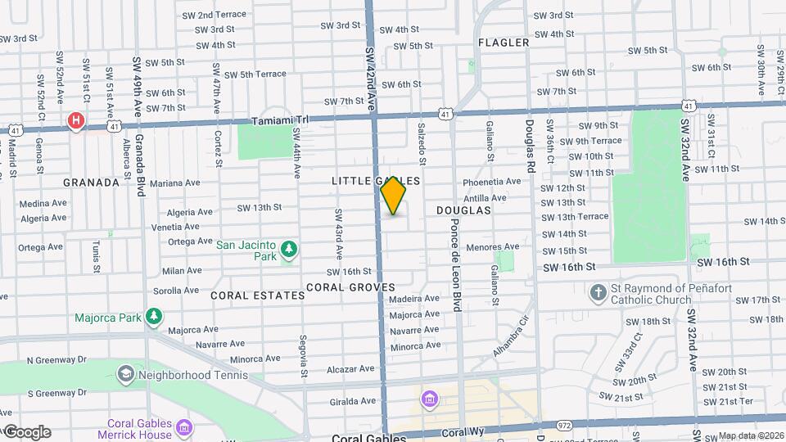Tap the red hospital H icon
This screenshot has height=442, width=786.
(76, 121)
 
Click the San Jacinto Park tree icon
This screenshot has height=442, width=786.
(287, 247)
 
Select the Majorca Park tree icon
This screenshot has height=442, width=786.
(153, 316)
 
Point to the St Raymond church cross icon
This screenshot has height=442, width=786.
(599, 292)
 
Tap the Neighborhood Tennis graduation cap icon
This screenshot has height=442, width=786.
(125, 374)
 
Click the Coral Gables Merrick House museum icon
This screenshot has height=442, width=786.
(185, 427)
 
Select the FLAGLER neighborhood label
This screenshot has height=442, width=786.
(504, 43)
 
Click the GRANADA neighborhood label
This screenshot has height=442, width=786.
(92, 183)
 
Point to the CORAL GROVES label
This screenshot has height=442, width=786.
(350, 287)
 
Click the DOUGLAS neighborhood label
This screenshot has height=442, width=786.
(463, 210)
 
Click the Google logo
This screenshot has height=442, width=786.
(27, 432)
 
